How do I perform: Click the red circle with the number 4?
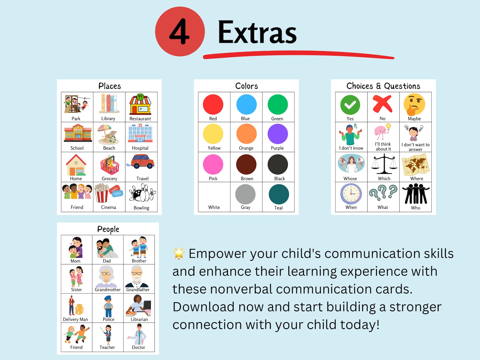(180, 32)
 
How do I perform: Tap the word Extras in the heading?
(257, 32)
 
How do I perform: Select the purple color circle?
(277, 134)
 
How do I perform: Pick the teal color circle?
(279, 194)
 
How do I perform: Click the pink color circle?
(213, 164)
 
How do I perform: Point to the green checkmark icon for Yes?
(350, 105)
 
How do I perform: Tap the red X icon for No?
(382, 104)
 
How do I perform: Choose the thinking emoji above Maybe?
(414, 105)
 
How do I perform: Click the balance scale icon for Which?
(384, 164)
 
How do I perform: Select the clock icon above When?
(351, 194)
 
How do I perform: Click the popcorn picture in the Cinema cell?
(102, 193)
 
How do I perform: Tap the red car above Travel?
(142, 161)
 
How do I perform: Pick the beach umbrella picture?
(108, 134)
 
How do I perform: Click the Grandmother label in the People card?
(108, 290)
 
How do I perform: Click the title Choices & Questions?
(383, 86)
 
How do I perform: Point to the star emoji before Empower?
(179, 253)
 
